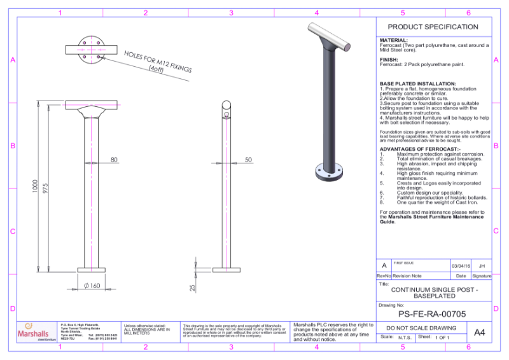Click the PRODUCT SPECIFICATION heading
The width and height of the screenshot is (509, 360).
coord(433,27)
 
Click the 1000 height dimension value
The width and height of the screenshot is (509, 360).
coord(36,186)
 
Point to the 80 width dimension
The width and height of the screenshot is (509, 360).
coord(114,160)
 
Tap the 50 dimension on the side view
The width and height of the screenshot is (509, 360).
coord(248,160)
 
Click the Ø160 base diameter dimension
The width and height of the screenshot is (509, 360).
coord(92,286)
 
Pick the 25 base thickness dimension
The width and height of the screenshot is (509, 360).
coord(193,287)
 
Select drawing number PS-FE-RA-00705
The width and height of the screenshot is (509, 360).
coord(432,314)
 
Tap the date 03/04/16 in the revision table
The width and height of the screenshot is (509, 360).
coord(461,265)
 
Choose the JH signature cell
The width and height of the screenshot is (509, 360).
coord(482,265)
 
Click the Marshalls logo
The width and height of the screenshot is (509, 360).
coord(33,332)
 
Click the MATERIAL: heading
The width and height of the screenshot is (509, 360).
coord(393,40)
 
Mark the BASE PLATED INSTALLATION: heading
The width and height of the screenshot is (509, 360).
coord(417,84)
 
